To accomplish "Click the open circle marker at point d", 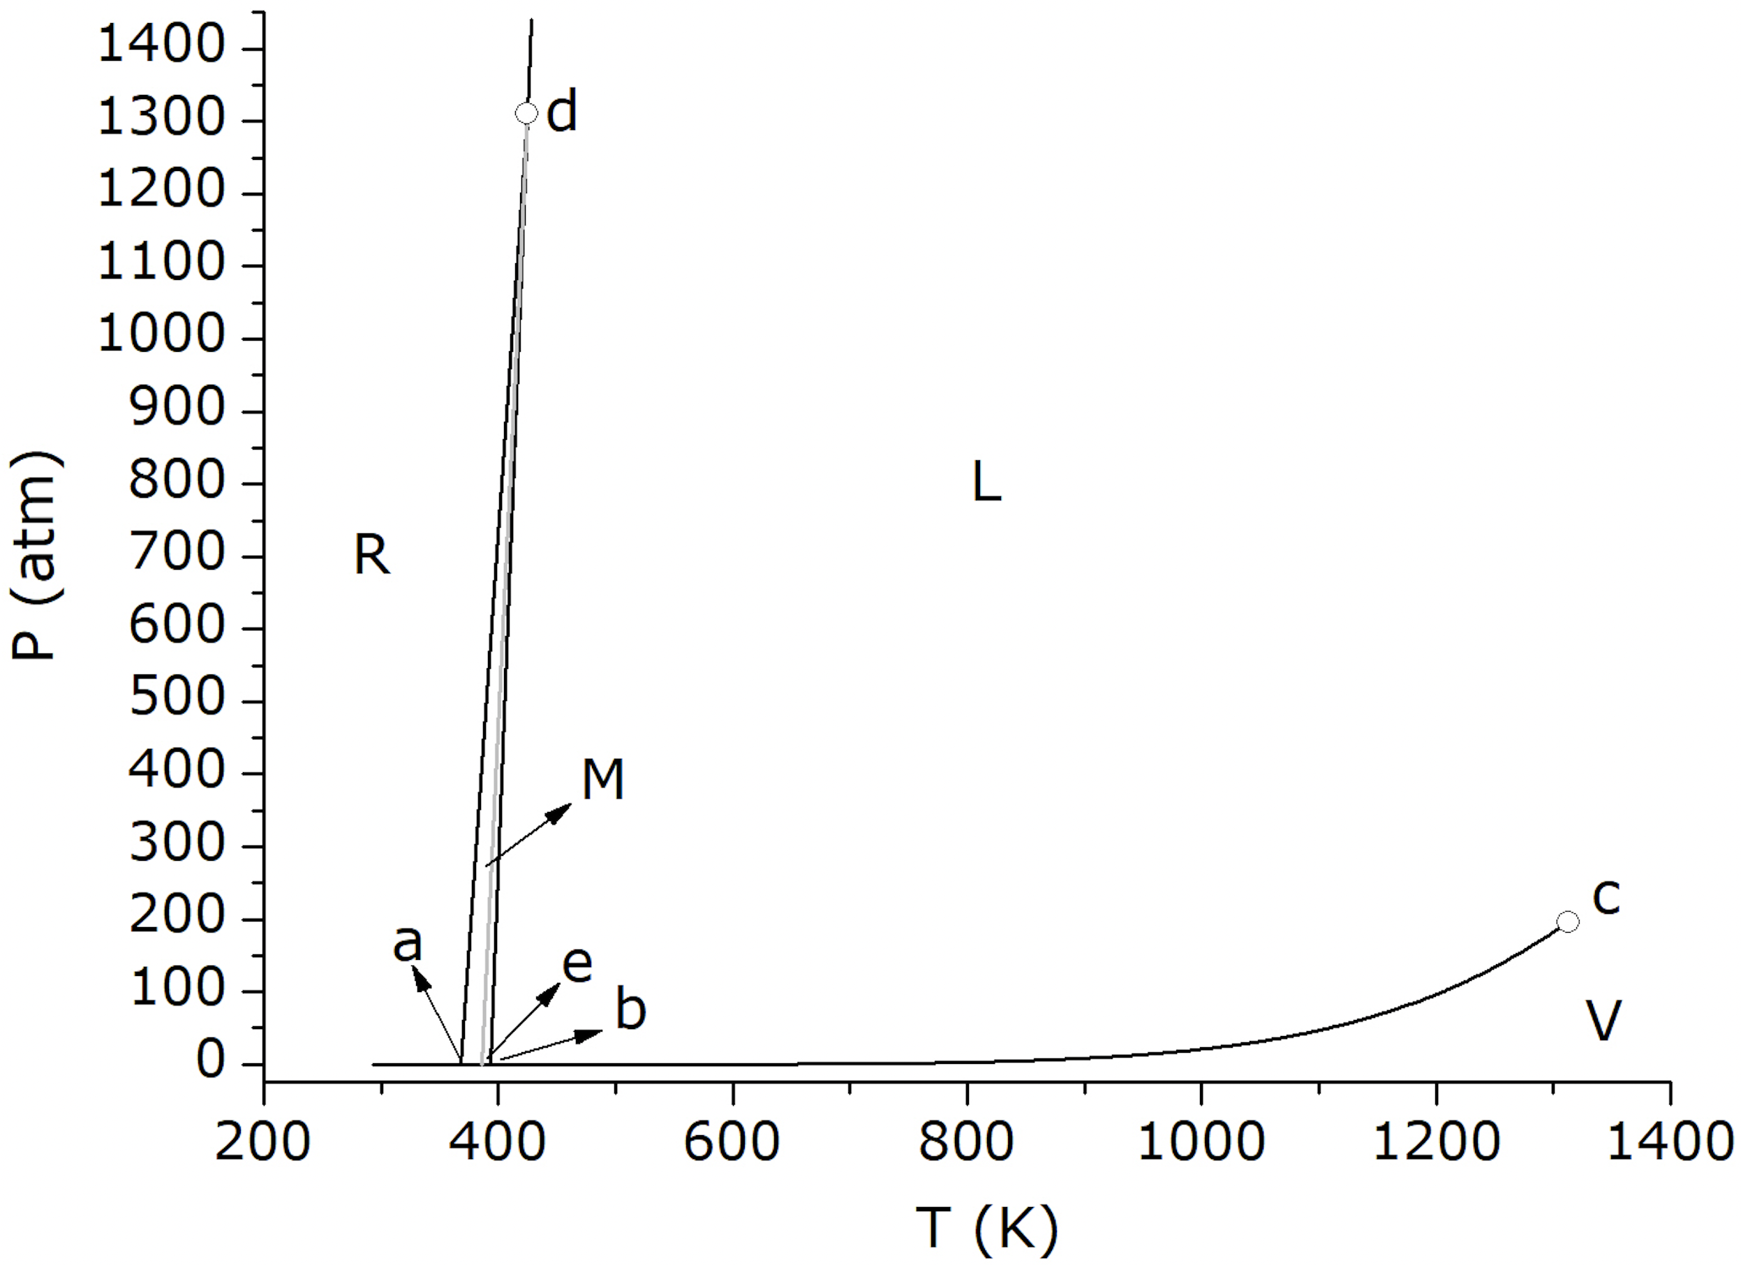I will tap(526, 114).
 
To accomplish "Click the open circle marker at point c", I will tap(1567, 921).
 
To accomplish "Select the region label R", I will tap(371, 555).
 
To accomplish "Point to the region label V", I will tap(1603, 1021).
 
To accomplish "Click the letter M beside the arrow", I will tap(602, 780).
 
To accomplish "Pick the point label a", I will tap(408, 942).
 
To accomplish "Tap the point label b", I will tap(631, 1009).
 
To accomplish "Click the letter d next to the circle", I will tap(562, 111).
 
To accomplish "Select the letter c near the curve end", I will tap(1605, 896).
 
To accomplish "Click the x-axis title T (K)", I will tap(986, 1227).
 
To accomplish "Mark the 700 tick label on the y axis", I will tap(177, 554).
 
